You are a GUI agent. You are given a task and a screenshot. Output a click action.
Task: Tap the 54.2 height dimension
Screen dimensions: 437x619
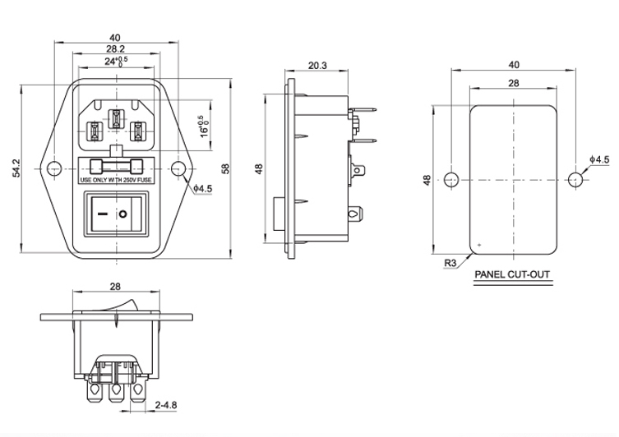16,168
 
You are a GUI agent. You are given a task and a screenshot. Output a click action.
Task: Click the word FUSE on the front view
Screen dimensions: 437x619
142,180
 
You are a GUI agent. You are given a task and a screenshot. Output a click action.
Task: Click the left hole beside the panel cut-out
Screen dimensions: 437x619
450,179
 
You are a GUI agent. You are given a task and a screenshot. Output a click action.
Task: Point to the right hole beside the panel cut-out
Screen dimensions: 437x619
575,179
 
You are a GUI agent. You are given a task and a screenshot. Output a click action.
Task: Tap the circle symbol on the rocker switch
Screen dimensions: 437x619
123,216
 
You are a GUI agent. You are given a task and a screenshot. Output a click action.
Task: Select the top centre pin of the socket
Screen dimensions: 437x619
116,117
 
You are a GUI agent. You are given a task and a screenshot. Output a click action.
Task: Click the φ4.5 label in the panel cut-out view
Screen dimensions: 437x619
599,159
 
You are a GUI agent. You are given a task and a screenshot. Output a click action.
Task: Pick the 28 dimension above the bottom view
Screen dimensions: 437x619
115,288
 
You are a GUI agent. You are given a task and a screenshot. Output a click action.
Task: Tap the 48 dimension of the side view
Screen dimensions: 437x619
259,168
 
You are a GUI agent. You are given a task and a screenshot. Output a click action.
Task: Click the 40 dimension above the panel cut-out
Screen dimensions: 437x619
513,65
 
